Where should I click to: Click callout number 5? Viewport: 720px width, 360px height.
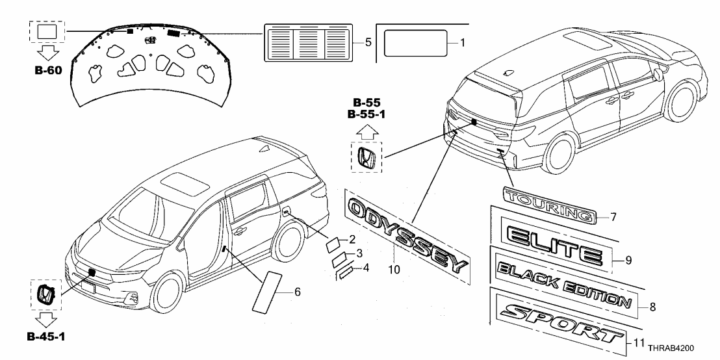point(368,43)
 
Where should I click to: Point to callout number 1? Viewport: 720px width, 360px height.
point(463,43)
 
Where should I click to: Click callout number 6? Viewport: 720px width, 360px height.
point(297,292)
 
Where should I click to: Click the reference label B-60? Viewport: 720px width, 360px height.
point(48,70)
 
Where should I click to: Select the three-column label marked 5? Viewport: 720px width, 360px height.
point(308,43)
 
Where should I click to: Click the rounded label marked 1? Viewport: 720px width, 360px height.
point(416,44)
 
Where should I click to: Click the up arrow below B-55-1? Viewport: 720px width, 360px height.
point(366,131)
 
